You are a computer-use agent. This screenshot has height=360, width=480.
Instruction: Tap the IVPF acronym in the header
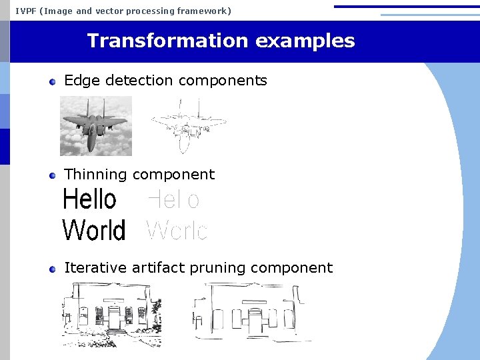pos(25,11)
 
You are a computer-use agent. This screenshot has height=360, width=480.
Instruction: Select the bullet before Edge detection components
pos(53,81)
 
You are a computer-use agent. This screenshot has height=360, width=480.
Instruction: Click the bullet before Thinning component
pos(53,175)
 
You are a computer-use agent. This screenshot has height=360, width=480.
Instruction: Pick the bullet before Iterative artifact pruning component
pos(53,269)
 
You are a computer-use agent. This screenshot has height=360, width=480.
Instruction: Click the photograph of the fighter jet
pos(96,125)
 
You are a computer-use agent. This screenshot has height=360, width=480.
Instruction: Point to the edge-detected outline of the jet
pos(188,125)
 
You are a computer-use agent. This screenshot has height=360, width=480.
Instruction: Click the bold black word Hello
pos(89,199)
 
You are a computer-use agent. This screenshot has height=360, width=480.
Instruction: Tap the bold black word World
pos(93,231)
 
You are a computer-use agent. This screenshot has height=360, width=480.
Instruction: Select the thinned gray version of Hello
pos(173,199)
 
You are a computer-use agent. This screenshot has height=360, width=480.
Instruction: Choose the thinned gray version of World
pos(177,231)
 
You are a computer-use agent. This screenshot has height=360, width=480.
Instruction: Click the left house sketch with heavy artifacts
pos(111,314)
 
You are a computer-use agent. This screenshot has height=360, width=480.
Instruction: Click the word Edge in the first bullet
pos(78,81)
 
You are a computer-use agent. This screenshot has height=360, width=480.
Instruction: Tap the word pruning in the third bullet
pos(216,268)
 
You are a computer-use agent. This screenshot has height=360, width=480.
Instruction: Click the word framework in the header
pos(203,11)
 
